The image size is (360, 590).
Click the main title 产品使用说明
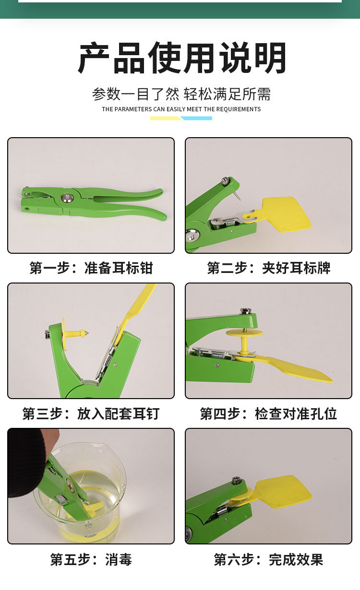point(182,58)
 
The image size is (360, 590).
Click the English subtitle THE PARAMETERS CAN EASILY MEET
point(181,109)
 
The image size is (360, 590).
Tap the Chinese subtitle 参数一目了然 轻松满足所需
point(181,94)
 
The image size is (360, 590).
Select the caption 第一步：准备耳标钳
point(91,268)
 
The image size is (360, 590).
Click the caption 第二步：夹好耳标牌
point(269,268)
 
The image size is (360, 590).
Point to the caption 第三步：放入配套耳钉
point(91,413)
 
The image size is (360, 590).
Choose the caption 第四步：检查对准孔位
point(269,413)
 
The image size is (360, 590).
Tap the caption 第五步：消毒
point(91,559)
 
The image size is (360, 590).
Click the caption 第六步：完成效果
point(269,559)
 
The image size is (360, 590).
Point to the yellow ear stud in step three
point(75,332)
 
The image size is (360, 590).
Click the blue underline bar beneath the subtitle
point(197,118)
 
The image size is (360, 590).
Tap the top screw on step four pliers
point(246,311)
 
